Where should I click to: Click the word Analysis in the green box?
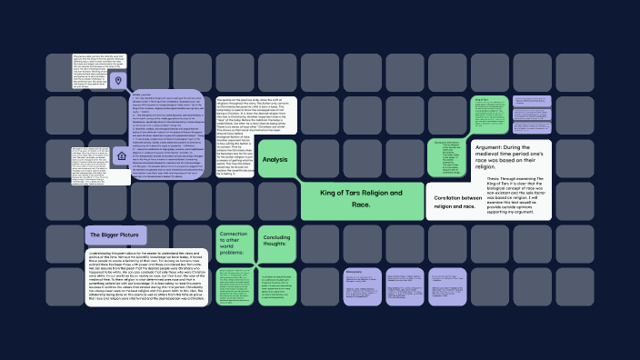click(x=275, y=160)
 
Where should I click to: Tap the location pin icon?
click(x=118, y=82)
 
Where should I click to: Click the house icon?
click(x=122, y=156)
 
